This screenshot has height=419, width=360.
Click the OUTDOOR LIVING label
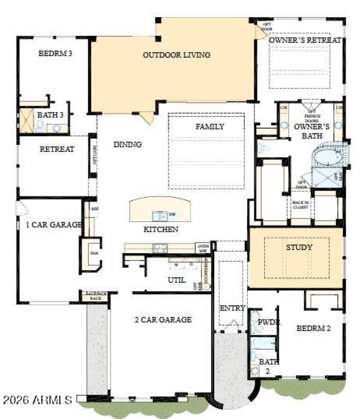click(176, 55)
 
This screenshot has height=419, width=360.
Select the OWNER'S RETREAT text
click(305, 40)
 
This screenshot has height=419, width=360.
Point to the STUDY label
click(299, 247)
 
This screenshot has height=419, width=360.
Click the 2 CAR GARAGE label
click(163, 320)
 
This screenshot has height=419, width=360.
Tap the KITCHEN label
click(161, 229)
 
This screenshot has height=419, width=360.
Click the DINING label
click(127, 144)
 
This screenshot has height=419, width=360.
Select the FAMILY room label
click(209, 127)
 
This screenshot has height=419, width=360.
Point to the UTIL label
click(176, 280)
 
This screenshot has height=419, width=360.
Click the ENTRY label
click(232, 308)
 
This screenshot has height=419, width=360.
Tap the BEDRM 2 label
click(313, 328)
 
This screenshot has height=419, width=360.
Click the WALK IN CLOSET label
click(301, 205)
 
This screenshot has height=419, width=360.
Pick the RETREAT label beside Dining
click(57, 149)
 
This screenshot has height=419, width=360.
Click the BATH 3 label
click(50, 115)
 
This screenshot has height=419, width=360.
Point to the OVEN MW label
click(202, 248)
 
